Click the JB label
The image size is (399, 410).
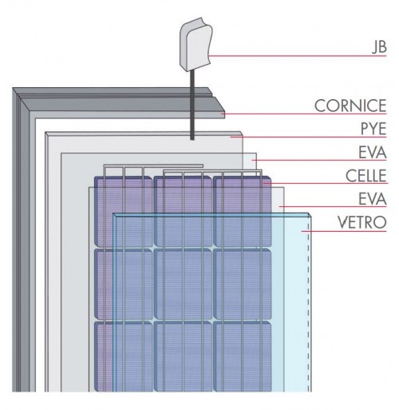pyautogui.click(x=379, y=47)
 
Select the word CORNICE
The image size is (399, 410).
pyautogui.click(x=350, y=105)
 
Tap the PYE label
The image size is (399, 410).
pyautogui.click(x=373, y=129)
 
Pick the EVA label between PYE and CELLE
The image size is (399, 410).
pyautogui.click(x=373, y=153)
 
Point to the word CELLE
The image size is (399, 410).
pyautogui.click(x=366, y=176)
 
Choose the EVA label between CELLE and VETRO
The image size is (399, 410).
pyautogui.click(x=373, y=199)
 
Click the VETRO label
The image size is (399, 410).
pyautogui.click(x=362, y=222)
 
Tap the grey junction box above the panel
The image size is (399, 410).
pyautogui.click(x=196, y=45)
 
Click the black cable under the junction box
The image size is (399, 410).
pyautogui.click(x=192, y=105)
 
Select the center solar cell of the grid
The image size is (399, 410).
pyautogui.click(x=184, y=284)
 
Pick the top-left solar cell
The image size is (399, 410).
pyautogui.click(x=124, y=212)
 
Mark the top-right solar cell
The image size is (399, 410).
pyautogui.click(x=243, y=212)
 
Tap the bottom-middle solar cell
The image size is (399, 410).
pyautogui.click(x=184, y=356)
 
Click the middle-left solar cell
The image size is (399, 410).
pyautogui.click(x=124, y=284)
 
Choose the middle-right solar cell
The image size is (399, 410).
pyautogui.click(x=243, y=284)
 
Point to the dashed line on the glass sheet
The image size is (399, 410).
pyautogui.click(x=309, y=304)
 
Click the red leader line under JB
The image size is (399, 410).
pyautogui.click(x=298, y=56)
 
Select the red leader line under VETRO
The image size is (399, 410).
pyautogui.click(x=344, y=231)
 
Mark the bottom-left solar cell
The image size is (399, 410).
pyautogui.click(x=124, y=356)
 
